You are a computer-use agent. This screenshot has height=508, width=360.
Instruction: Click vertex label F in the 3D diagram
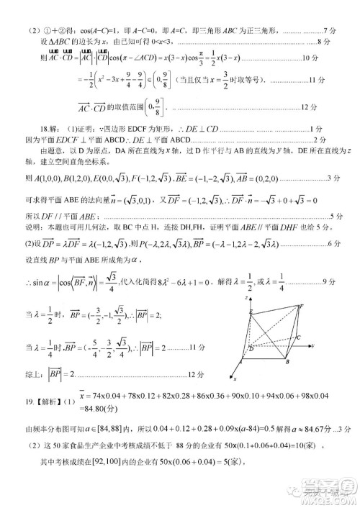click(x=300, y=306)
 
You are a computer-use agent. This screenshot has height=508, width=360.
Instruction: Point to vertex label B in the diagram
click(x=287, y=361)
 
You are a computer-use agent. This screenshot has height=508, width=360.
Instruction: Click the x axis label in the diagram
click(x=235, y=377)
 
